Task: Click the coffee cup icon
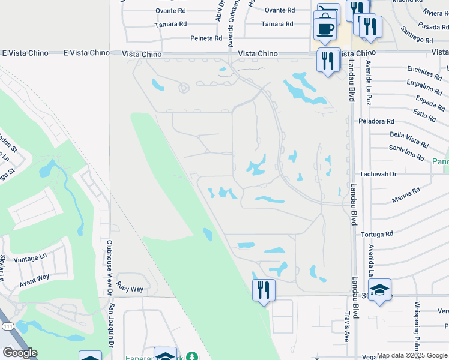325,28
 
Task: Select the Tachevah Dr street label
385,174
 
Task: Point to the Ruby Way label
130,289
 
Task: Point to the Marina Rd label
406,194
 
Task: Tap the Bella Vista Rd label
409,140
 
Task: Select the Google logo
20,353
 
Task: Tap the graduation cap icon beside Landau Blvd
380,290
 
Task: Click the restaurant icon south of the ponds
264,291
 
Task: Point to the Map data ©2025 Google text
412,355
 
